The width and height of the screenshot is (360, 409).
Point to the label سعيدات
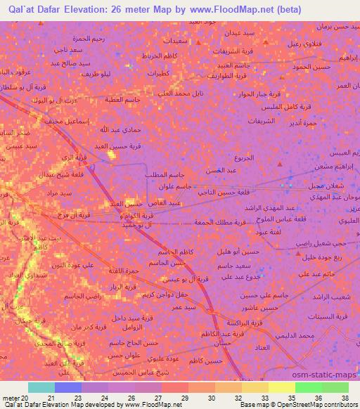click(x=175, y=41)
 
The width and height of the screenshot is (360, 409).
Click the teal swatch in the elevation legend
click(x=41, y=387)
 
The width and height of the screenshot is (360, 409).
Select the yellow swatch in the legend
click(x=281, y=387)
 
